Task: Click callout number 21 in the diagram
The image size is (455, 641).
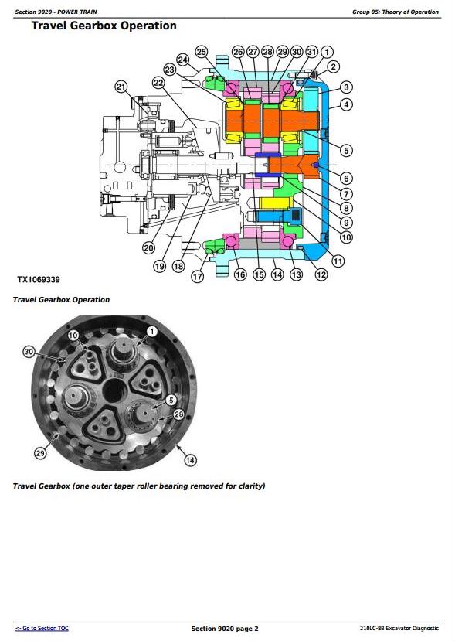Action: click(x=121, y=87)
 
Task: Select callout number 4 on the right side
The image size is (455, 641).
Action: click(x=346, y=104)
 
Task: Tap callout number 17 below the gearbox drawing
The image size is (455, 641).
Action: click(x=197, y=276)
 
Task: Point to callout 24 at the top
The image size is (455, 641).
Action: click(x=182, y=60)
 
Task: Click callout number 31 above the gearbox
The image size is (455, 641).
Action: click(x=311, y=52)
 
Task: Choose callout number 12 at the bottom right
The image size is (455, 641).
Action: click(x=321, y=274)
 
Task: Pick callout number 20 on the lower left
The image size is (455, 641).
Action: click(x=148, y=247)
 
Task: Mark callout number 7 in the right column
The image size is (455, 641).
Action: click(x=346, y=194)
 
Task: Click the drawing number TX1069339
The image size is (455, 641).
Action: click(x=39, y=280)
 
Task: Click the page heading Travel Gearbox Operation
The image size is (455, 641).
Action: click(x=104, y=26)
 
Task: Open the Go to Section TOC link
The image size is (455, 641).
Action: click(x=42, y=628)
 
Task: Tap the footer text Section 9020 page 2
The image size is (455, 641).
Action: click(x=225, y=629)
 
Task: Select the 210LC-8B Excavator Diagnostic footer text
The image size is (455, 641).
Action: click(x=399, y=628)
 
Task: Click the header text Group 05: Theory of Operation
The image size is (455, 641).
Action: click(x=396, y=12)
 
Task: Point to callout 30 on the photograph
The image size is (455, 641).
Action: click(x=29, y=352)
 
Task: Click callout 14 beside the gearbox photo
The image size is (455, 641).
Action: click(x=190, y=460)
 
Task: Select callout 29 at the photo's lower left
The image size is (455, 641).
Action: click(x=40, y=453)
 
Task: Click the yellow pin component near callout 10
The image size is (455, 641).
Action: click(x=274, y=203)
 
